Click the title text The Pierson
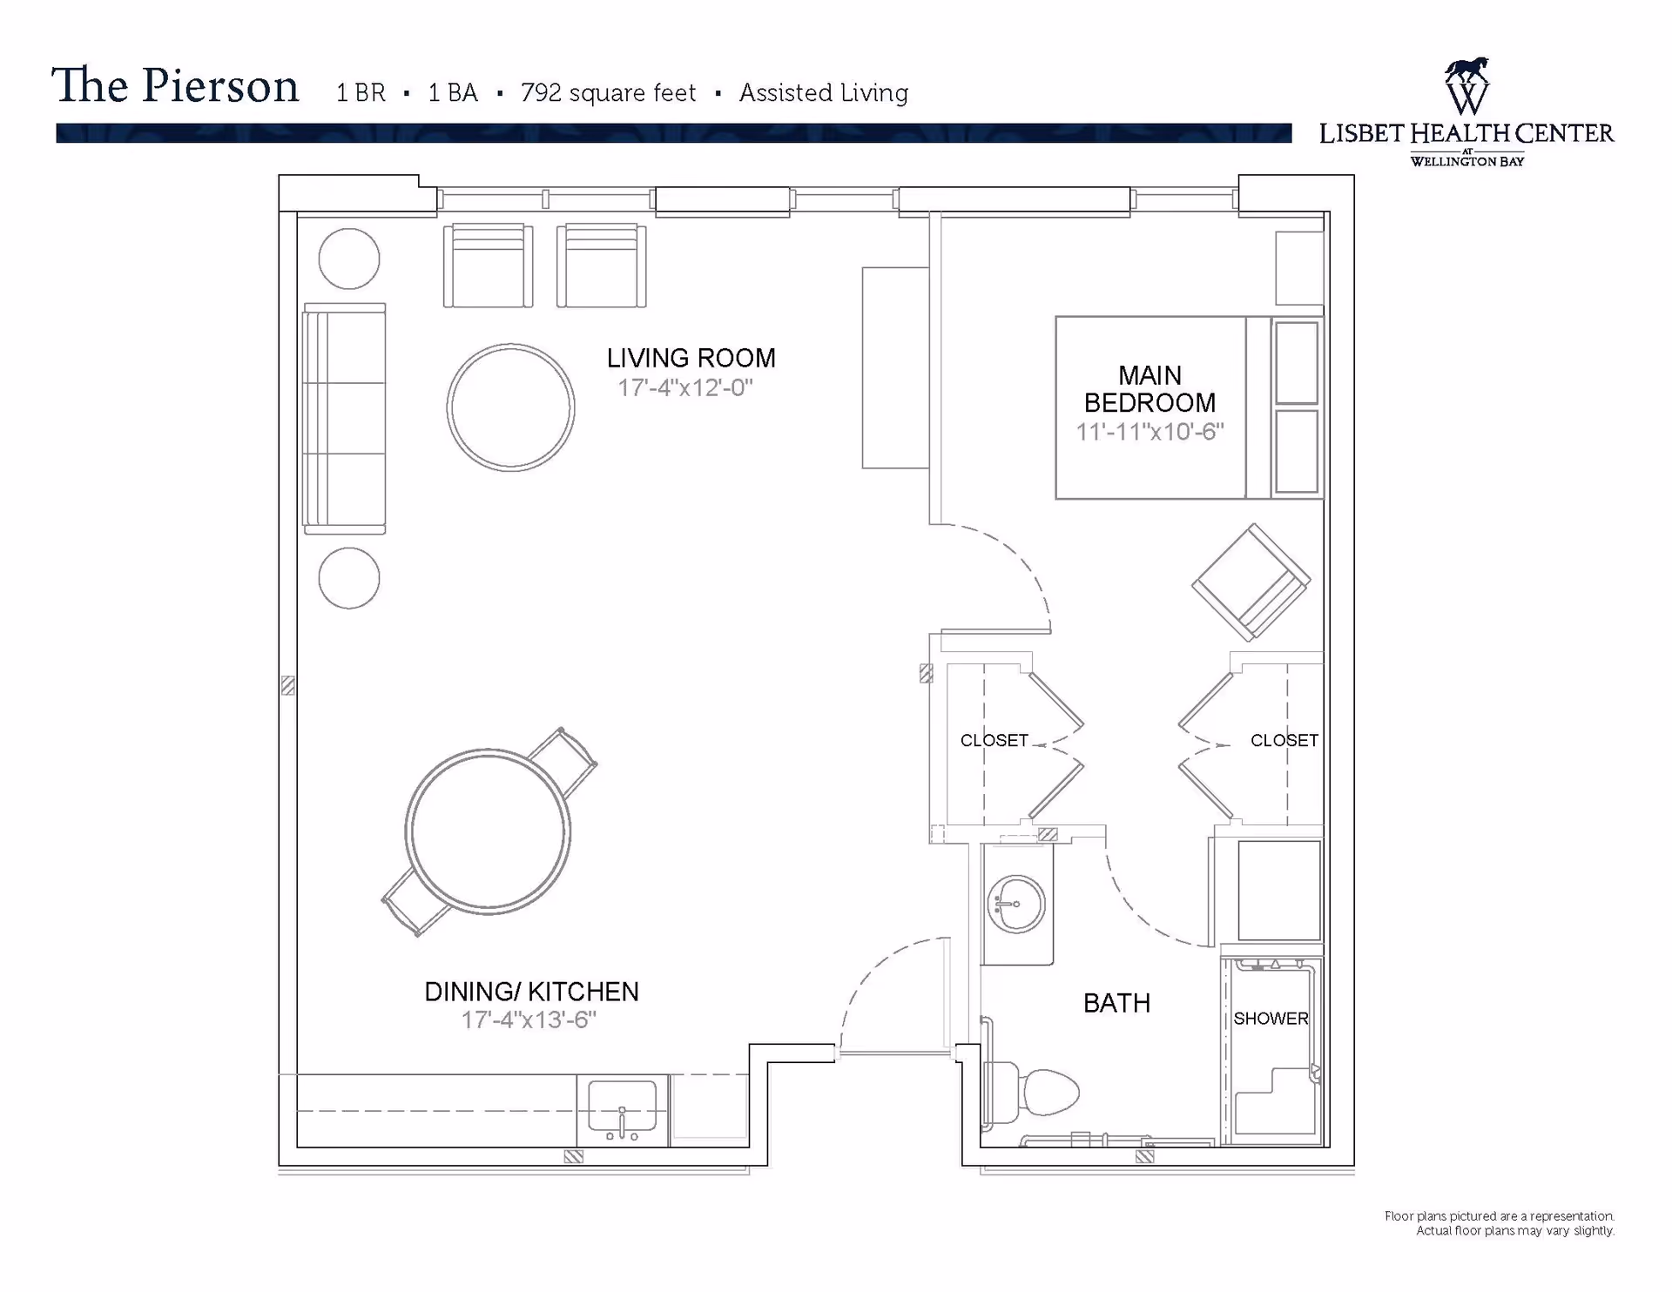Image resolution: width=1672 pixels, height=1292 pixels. [175, 86]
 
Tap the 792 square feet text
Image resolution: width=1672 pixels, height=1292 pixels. [608, 93]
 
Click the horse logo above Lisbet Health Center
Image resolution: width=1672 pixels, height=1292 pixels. [1466, 85]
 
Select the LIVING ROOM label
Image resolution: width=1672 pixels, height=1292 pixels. [691, 358]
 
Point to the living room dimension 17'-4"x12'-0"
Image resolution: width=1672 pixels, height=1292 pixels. [685, 387]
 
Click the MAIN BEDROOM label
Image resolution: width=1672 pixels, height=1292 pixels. [1149, 389]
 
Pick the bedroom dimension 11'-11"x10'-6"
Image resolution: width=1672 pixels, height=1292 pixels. [1149, 432]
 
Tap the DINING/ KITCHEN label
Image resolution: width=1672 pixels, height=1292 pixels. [531, 992]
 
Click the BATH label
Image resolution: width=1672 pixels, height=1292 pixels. [1116, 1004]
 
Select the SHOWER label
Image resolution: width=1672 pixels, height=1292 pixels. [1271, 1019]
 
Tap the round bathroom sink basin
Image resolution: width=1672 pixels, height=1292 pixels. [1015, 905]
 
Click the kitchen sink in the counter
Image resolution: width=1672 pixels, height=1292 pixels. [622, 1110]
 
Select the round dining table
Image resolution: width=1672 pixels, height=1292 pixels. [488, 831]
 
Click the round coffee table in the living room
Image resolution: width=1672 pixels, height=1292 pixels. [510, 407]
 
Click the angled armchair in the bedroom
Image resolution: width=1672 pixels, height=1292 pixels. [1251, 582]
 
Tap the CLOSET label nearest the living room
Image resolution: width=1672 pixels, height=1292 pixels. [994, 741]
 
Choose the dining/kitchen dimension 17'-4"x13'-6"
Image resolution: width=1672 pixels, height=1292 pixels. [529, 1020]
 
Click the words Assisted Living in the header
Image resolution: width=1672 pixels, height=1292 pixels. [824, 93]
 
